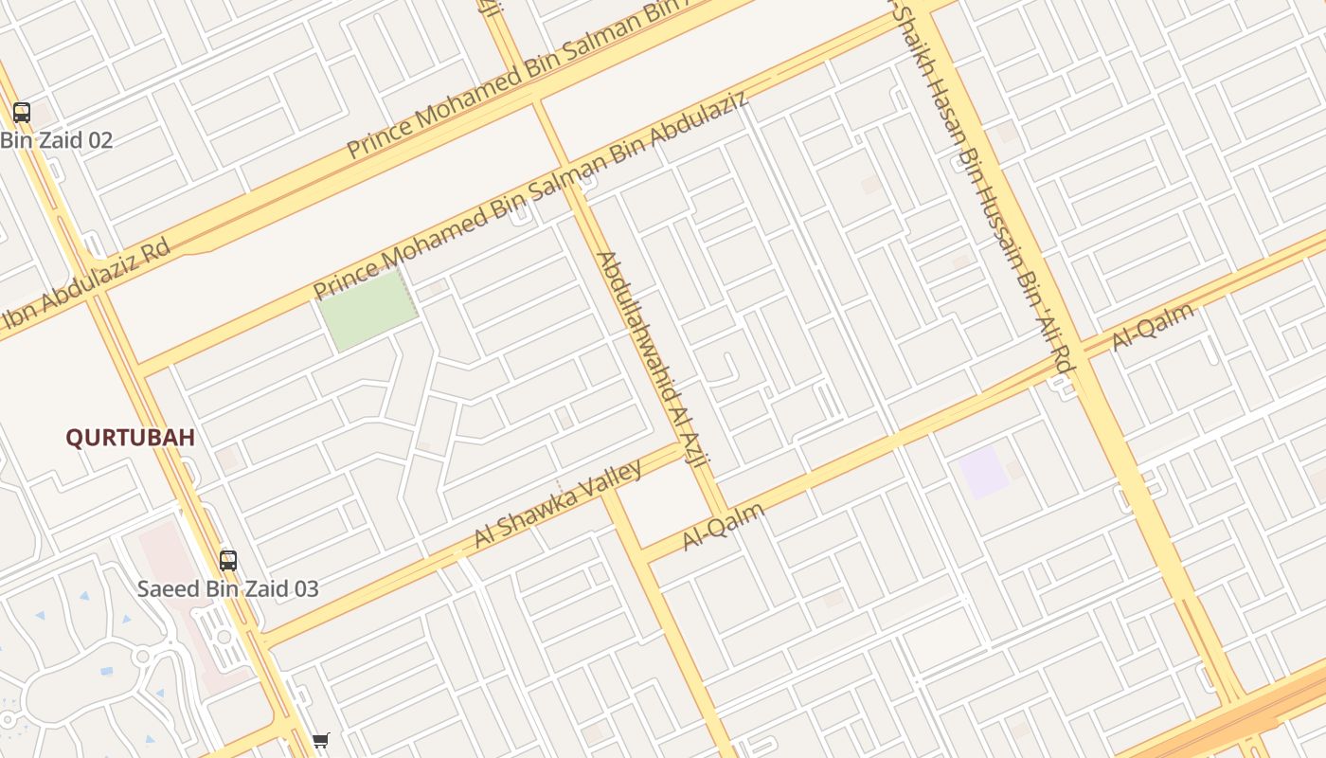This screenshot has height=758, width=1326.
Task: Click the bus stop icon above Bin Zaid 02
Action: click(21, 113)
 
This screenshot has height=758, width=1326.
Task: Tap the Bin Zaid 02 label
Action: click(57, 141)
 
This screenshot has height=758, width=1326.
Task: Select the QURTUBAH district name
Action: click(130, 438)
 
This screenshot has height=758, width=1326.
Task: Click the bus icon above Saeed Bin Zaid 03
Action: click(228, 560)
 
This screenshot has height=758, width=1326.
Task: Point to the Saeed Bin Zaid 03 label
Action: click(228, 588)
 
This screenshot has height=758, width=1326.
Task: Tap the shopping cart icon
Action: click(321, 740)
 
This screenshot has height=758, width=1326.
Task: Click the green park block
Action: click(367, 310)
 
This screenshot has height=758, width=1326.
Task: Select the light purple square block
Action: click(982, 472)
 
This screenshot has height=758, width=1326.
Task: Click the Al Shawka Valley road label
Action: click(558, 504)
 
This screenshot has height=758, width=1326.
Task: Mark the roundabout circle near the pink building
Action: click(142, 656)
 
